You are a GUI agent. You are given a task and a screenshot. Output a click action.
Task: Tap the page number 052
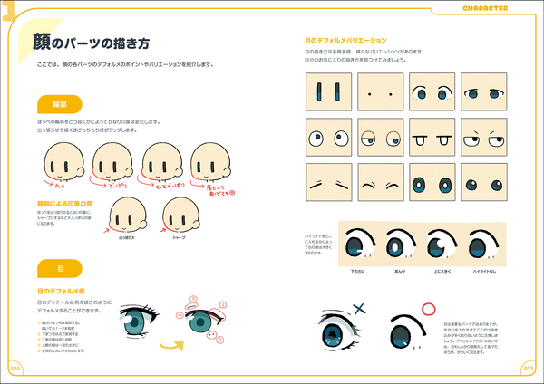[x=15, y=368]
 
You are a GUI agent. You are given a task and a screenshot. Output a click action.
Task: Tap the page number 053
[x=529, y=368]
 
